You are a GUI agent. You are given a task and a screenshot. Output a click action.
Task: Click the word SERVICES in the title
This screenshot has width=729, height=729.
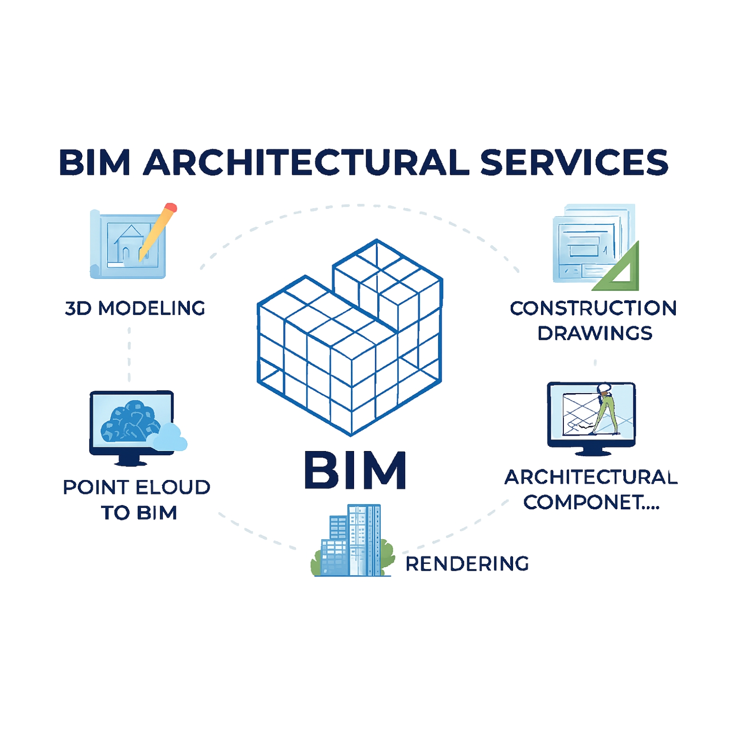(x=574, y=163)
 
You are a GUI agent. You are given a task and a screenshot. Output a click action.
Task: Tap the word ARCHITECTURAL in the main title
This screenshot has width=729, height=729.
(x=306, y=163)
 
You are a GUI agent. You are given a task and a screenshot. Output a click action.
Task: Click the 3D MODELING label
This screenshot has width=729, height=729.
(x=135, y=308)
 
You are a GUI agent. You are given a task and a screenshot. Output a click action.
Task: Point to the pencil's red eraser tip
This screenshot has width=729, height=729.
(x=171, y=208)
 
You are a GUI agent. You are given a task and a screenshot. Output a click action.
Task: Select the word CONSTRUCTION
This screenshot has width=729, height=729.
(x=593, y=308)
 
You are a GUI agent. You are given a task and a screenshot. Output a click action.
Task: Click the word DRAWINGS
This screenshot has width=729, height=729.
(x=595, y=333)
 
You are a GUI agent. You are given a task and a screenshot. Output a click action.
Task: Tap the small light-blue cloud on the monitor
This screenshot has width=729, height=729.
(x=168, y=437)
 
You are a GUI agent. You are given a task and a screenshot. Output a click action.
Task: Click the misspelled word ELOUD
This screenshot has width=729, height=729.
(x=173, y=487)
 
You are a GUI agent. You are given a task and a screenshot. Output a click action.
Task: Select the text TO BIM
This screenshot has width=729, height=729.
(x=139, y=513)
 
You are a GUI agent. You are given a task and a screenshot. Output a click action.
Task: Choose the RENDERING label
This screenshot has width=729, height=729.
(x=467, y=564)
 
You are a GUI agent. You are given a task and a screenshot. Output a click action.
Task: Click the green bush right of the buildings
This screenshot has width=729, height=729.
(x=387, y=557)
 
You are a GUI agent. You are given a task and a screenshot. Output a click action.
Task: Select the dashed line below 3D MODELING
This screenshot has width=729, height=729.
(x=129, y=354)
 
